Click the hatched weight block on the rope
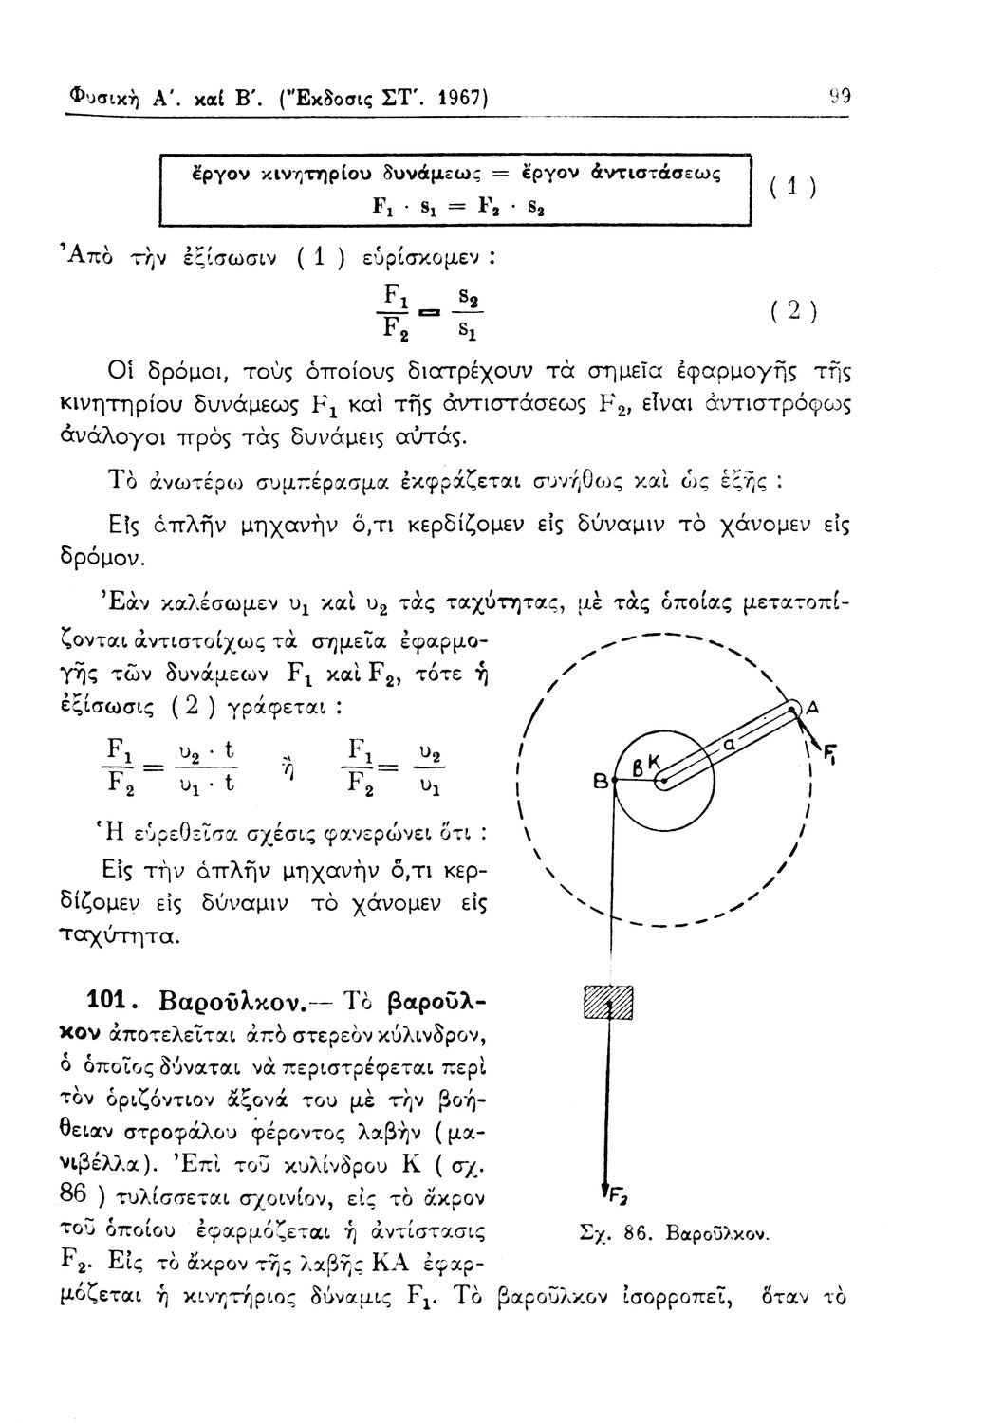tap(607, 1004)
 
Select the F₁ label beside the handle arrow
tap(828, 755)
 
